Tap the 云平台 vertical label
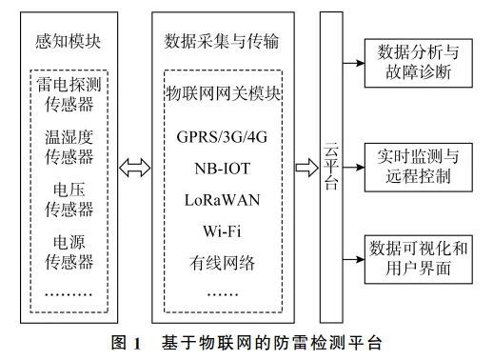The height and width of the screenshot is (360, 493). tap(331, 168)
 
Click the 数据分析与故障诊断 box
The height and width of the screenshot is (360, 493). tap(419, 61)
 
